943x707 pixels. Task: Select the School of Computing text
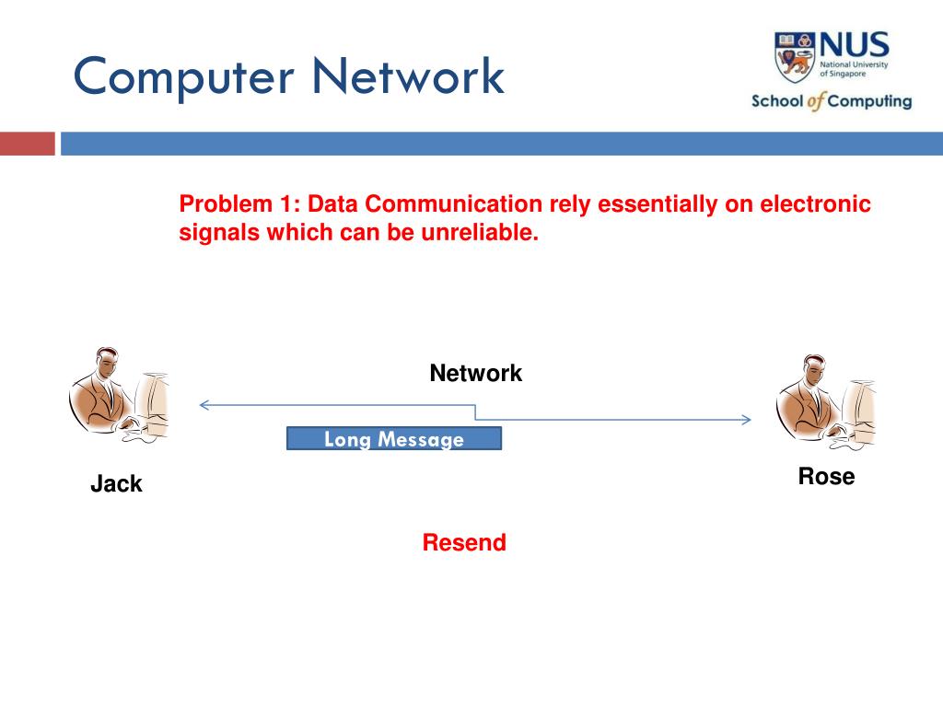pyautogui.click(x=832, y=101)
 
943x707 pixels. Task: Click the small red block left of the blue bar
pyautogui.click(x=27, y=144)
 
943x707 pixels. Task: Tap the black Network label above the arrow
pyautogui.click(x=475, y=373)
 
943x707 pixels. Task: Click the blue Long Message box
pyautogui.click(x=394, y=439)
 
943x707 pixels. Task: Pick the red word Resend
pyautogui.click(x=464, y=542)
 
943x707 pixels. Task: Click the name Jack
pyautogui.click(x=116, y=483)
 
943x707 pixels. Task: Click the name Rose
pyautogui.click(x=826, y=476)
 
